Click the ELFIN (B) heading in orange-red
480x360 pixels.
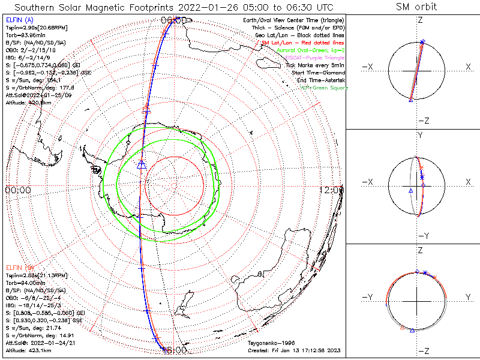(x=20, y=266)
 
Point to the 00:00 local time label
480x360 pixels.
(x=17, y=190)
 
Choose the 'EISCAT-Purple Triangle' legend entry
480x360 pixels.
(x=311, y=58)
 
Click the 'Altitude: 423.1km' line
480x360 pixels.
(x=29, y=349)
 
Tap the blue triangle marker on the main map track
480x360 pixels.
(x=142, y=164)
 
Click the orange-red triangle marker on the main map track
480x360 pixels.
(x=146, y=110)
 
